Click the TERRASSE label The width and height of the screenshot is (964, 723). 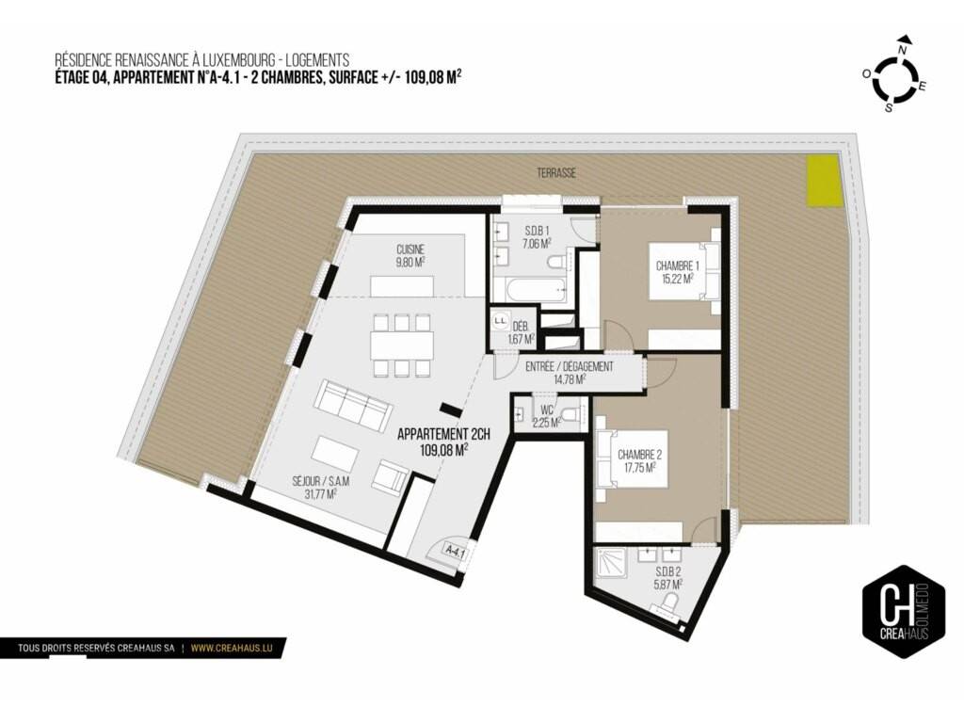point(556,173)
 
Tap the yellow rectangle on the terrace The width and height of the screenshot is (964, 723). point(823,181)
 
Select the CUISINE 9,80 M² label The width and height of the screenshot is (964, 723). point(410,255)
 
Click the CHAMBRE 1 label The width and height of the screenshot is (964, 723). point(678,272)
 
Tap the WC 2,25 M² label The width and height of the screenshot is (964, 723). point(547,416)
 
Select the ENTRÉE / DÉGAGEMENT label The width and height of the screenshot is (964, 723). point(570,367)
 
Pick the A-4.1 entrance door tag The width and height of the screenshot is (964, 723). point(456,552)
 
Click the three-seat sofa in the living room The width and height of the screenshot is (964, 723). point(354,407)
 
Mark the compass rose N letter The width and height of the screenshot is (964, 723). point(903,50)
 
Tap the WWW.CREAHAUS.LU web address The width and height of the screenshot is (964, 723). point(232,648)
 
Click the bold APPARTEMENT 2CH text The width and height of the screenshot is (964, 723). point(443,435)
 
